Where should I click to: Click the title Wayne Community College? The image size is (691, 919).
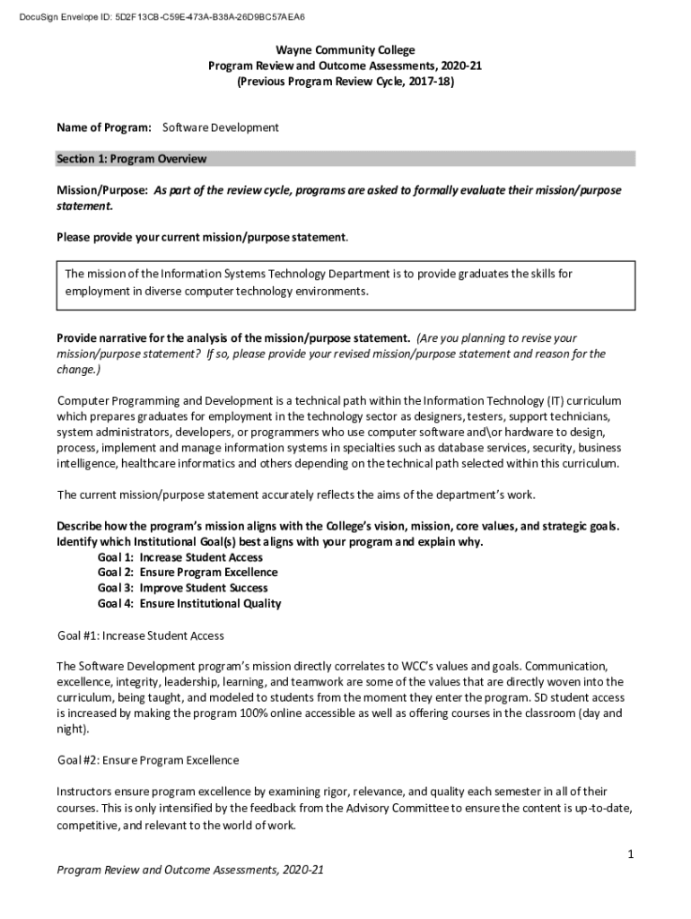point(345,50)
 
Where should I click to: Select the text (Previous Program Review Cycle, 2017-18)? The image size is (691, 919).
point(345,82)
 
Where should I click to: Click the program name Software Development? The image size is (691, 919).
point(221,127)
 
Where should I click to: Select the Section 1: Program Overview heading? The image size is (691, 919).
point(132,159)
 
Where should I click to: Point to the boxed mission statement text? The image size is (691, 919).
point(319,283)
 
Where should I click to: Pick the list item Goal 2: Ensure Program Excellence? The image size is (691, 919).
point(188,573)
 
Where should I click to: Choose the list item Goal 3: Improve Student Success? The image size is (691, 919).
point(182,588)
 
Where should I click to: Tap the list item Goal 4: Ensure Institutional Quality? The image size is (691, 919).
point(189,603)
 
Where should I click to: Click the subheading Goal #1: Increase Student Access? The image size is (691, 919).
point(141,635)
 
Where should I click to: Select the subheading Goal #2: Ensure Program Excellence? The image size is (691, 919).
point(148,760)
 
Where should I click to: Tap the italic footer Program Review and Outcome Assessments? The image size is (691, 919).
point(189,870)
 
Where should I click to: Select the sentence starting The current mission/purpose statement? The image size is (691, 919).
point(296,495)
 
